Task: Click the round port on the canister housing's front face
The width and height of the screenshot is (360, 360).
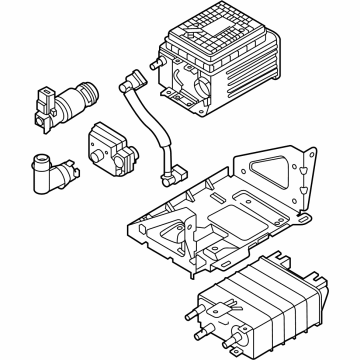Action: (191, 82)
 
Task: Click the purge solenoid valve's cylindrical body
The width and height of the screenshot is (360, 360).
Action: (76, 99)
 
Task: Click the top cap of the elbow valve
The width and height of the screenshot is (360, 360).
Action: (43, 159)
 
